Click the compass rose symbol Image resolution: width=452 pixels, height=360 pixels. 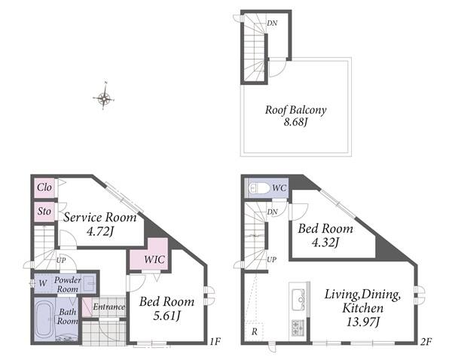click(104, 99)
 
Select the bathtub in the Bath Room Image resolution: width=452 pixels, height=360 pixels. click(44, 319)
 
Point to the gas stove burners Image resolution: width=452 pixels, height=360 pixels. click(298, 328)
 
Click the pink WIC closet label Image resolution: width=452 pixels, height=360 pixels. click(154, 259)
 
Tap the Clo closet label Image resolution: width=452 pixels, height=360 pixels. click(44, 188)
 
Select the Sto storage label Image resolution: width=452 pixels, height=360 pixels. click(44, 212)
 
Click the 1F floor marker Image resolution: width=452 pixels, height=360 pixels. click(215, 342)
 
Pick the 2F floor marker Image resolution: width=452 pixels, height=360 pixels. click(426, 342)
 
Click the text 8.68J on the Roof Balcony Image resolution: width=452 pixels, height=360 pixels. click(296, 122)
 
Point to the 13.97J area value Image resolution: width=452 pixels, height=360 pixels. click(362, 322)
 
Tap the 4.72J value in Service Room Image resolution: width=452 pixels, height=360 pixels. click(99, 231)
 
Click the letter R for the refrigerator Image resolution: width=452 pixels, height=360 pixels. click(255, 331)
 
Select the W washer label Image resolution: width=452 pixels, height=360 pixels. click(43, 283)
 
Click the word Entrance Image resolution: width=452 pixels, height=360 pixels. click(108, 307)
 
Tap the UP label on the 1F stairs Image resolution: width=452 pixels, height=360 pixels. click(61, 261)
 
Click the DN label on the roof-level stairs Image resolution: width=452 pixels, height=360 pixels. click(272, 23)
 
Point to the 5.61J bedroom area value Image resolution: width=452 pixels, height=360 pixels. click(166, 316)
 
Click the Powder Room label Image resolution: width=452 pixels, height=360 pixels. click(68, 284)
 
